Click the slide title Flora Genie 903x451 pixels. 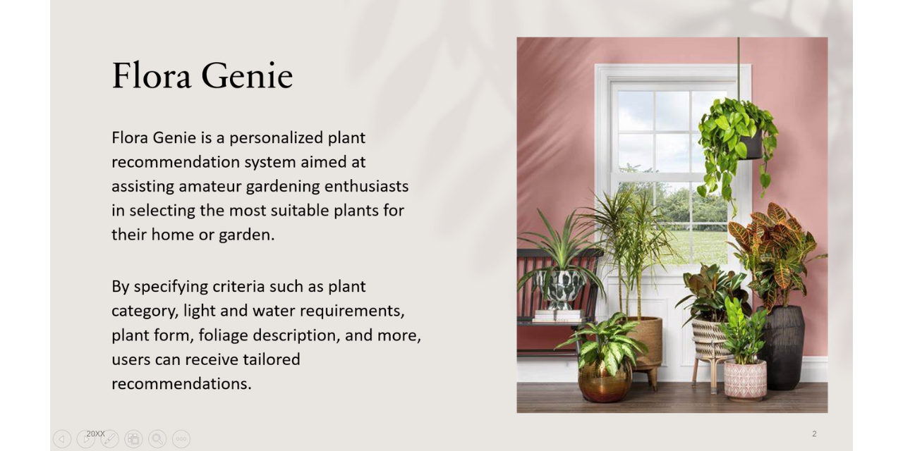click(x=202, y=75)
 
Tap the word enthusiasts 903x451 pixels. click(x=366, y=187)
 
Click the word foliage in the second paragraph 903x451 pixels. click(x=224, y=335)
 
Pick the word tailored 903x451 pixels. click(x=272, y=359)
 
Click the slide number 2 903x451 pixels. click(x=814, y=433)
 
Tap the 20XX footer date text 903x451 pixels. click(x=95, y=433)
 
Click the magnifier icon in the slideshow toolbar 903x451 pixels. click(x=157, y=439)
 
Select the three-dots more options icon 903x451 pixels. click(x=181, y=439)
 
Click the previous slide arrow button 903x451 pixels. click(x=62, y=439)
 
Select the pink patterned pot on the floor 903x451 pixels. click(x=745, y=380)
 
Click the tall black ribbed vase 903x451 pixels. click(x=782, y=347)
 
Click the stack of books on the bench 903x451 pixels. click(x=558, y=316)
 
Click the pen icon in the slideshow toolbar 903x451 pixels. click(x=109, y=439)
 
